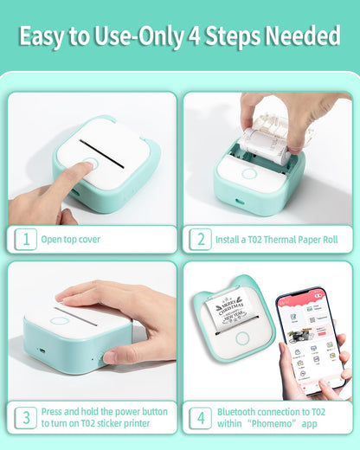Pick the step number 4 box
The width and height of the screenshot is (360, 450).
pos(200,417)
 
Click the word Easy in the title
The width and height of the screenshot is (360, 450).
pos(42,35)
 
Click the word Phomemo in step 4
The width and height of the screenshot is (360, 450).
pos(275,424)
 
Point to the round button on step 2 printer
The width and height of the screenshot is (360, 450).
pos(249,172)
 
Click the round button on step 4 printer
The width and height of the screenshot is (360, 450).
pos(243,338)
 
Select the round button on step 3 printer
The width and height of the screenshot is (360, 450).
pos(59,321)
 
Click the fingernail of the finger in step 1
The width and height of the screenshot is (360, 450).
pos(87,162)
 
